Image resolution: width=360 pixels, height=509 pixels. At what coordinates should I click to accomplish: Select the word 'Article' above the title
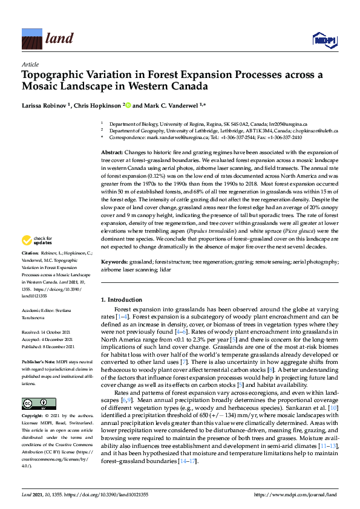click(30, 64)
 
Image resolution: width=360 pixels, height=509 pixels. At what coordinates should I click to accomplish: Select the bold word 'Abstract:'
click(113, 154)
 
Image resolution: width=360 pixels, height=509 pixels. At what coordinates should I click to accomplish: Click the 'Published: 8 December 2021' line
click(48, 346)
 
